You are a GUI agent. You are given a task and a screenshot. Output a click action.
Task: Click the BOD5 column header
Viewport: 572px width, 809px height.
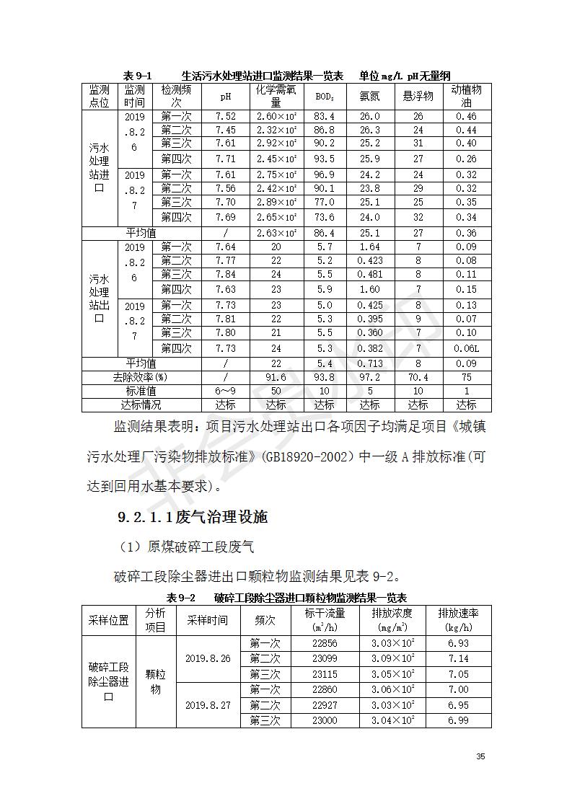pos(325,97)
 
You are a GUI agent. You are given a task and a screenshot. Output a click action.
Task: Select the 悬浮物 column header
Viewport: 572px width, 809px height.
pos(418,97)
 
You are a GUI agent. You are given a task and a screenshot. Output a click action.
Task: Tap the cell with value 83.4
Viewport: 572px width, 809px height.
pos(325,117)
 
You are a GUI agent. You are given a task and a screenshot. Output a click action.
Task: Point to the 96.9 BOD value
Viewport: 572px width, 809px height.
pos(325,175)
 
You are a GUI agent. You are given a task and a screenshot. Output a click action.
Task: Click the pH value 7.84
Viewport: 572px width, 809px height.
pos(226,275)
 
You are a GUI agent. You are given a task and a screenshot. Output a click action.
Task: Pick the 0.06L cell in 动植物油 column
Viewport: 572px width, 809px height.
pos(466,348)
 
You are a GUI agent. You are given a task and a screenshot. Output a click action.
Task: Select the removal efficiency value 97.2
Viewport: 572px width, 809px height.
pos(369,377)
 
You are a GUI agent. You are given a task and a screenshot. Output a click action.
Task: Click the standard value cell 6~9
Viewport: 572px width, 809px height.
pos(226,391)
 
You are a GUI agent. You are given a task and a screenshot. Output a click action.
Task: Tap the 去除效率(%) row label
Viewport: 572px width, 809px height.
pos(141,377)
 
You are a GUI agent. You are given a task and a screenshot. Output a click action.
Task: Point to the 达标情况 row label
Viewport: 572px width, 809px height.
pos(141,405)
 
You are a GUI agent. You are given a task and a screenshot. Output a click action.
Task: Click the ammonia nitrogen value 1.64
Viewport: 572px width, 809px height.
pos(369,247)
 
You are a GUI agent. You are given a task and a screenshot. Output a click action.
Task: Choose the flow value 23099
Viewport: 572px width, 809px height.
pos(325,659)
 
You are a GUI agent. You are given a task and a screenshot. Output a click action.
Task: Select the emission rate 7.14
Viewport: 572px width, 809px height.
pos(458,659)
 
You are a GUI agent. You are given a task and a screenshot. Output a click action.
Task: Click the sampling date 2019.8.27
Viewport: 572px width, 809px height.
pos(208,705)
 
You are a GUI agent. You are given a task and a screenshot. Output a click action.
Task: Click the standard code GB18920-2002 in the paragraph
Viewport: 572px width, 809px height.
pos(298,457)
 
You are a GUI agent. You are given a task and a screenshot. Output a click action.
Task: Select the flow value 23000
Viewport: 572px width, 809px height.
pos(325,721)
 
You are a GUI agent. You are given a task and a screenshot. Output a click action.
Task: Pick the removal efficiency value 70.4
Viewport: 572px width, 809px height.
pos(418,377)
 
